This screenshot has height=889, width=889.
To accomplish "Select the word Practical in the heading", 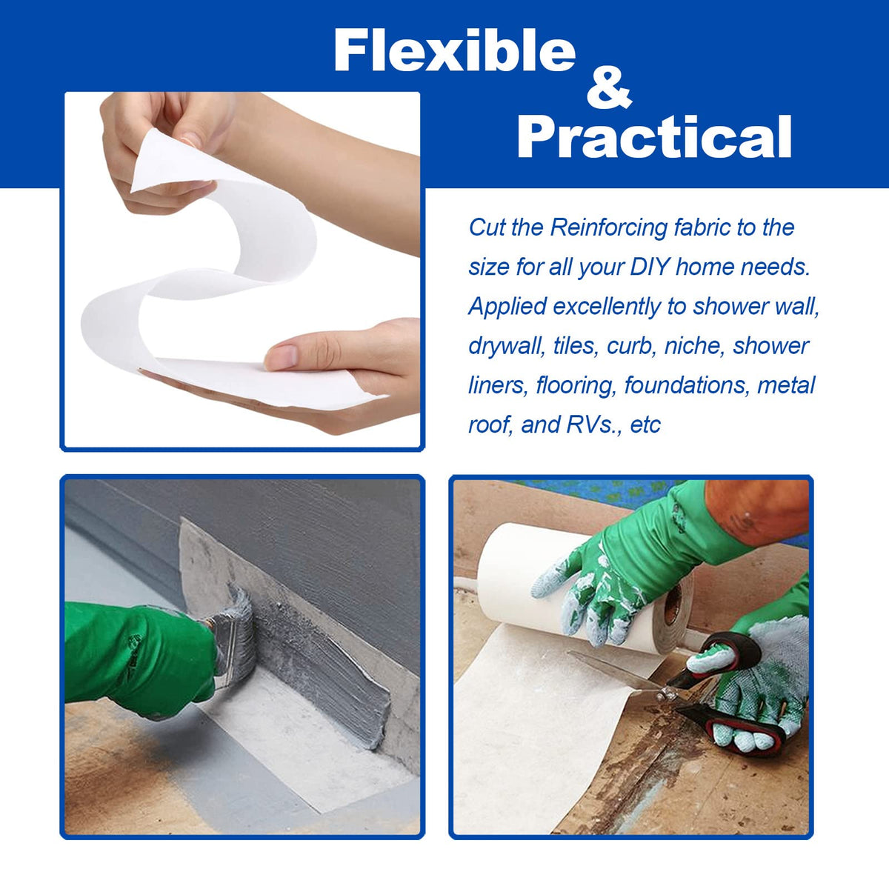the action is (x=654, y=137).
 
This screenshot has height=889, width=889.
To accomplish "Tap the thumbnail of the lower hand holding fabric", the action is (x=282, y=356).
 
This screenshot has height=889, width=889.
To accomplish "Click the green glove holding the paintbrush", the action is (x=139, y=661).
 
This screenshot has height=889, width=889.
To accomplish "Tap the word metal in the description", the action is (x=786, y=385).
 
